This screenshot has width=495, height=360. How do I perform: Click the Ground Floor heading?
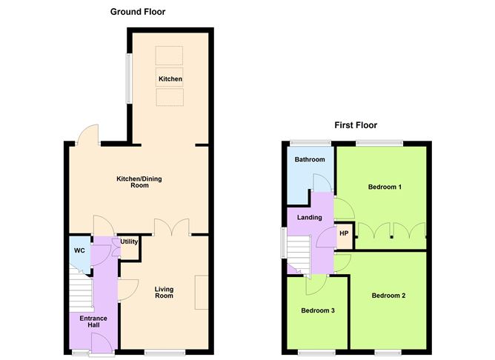[138, 12]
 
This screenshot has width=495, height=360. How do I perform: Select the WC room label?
[79, 250]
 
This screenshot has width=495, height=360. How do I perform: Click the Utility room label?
[130, 242]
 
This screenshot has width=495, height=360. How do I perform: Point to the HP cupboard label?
[344, 234]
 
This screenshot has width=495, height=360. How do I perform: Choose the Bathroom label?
[310, 160]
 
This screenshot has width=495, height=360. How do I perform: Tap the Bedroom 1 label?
[385, 187]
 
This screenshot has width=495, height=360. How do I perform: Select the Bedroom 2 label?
[388, 296]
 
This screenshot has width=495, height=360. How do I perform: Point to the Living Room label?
[164, 293]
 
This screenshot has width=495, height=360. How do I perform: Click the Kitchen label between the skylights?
[170, 79]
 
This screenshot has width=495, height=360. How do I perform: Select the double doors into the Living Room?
[171, 227]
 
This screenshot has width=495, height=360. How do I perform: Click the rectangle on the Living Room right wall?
[202, 291]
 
